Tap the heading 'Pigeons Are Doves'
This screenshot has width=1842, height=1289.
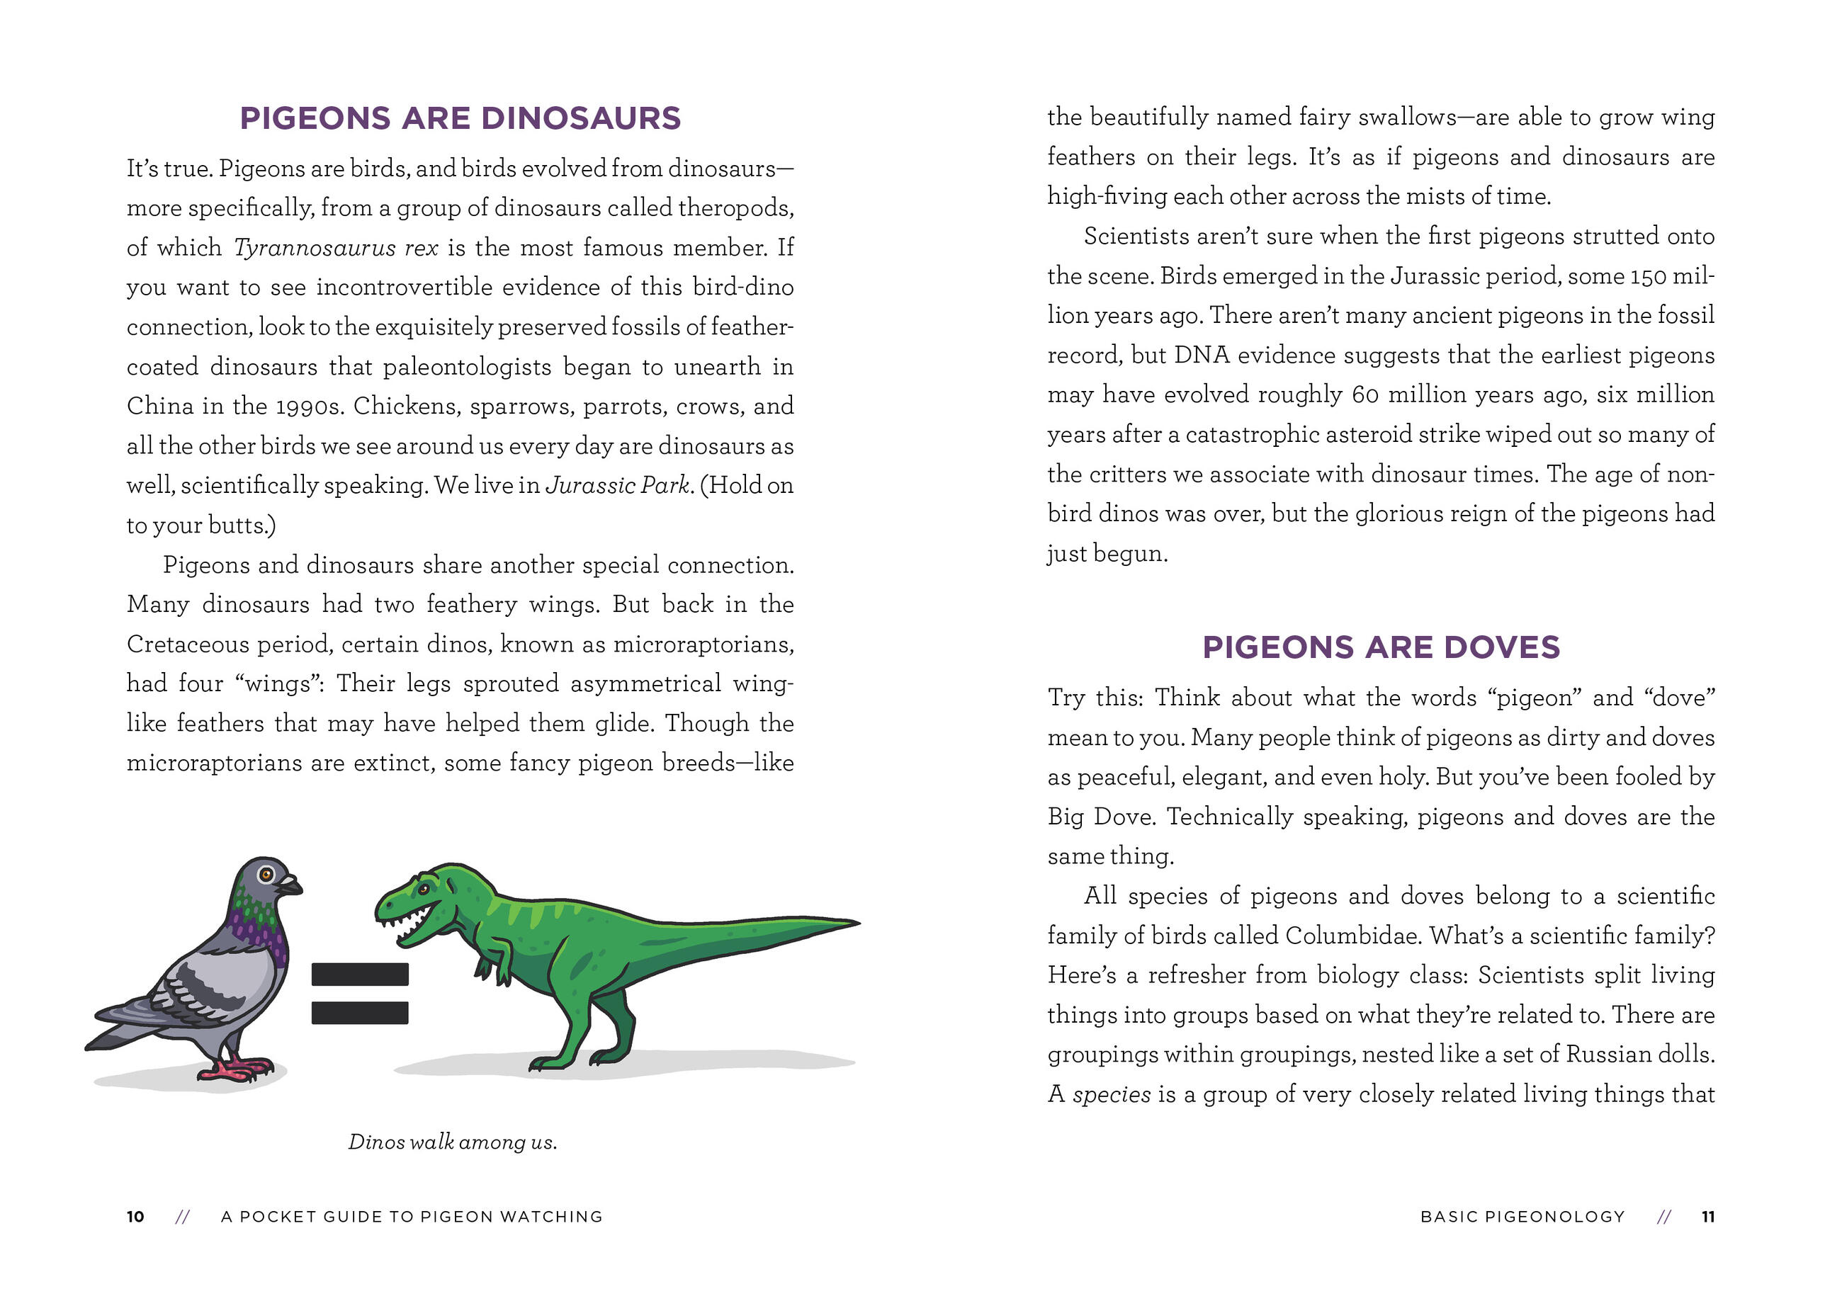click(x=1380, y=647)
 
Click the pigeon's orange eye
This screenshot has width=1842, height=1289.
click(x=266, y=874)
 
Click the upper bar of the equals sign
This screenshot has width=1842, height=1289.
click(x=359, y=974)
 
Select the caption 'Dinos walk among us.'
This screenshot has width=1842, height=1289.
click(x=453, y=1142)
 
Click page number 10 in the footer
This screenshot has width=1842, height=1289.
click(x=135, y=1217)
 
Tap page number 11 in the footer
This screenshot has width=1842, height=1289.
click(x=1708, y=1217)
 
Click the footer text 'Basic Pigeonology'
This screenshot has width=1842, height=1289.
click(x=1522, y=1217)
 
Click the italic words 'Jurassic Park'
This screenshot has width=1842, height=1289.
click(x=617, y=485)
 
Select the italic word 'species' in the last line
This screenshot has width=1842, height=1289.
click(x=1111, y=1095)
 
